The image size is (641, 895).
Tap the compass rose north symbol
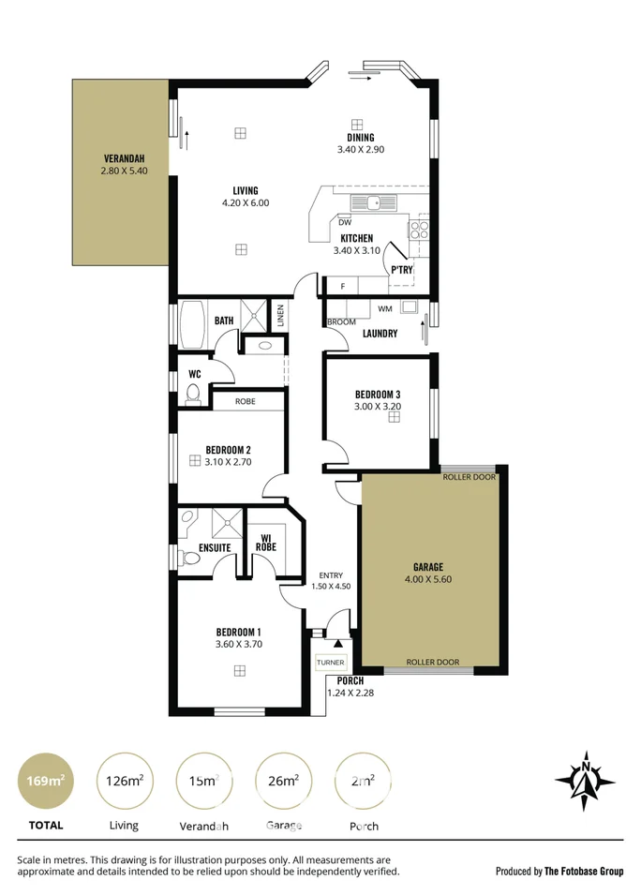tap(585, 780)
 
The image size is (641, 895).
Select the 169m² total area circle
tap(45, 780)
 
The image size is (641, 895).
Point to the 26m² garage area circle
tap(283, 780)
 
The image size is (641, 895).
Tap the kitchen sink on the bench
tap(373, 202)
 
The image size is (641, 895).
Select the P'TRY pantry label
tap(402, 270)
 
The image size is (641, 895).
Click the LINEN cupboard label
tap(279, 314)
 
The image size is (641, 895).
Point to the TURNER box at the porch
tap(330, 662)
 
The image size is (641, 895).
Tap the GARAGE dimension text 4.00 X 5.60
tap(427, 579)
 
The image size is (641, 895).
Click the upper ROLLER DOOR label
tap(470, 477)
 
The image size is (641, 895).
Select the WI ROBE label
tap(266, 542)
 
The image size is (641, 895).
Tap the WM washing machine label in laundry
tap(385, 308)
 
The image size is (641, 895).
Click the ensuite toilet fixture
tap(191, 559)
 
